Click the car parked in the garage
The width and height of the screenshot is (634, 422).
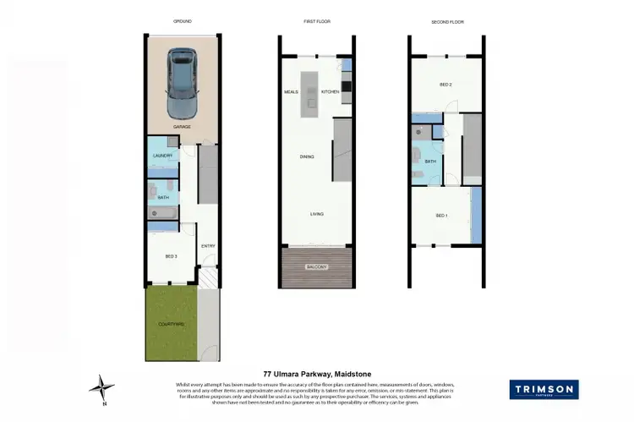pos(182,82)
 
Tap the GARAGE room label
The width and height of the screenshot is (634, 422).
pos(182,127)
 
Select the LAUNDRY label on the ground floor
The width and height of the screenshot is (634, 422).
pos(163,156)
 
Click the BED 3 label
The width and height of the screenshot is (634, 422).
pos(171,255)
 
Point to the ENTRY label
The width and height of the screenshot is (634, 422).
pos(207,246)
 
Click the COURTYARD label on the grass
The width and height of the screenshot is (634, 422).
pos(171,324)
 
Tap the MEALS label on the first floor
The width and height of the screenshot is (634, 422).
pos(292,90)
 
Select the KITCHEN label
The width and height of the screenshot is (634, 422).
pos(330,90)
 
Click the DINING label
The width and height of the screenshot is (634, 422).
pos(308,156)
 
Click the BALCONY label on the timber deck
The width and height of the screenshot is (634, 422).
pos(317,266)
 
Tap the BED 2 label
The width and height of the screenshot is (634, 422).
pos(445,85)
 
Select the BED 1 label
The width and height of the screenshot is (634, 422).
pos(440,216)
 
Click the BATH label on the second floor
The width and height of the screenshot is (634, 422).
pos(430,162)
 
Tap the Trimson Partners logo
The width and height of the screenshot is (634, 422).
pos(544,390)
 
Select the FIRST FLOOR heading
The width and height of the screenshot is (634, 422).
pos(316,22)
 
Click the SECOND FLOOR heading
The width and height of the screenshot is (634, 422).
pos(447,22)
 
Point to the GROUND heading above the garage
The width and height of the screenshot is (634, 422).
pos(182,22)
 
